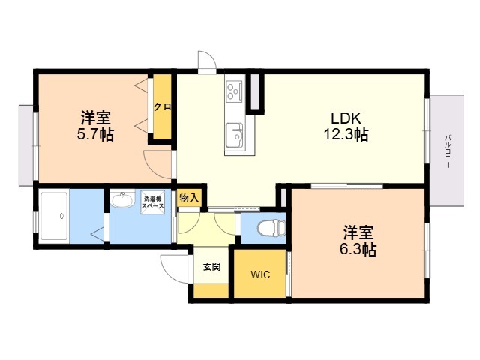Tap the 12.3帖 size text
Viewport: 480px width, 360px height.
click(x=346, y=134)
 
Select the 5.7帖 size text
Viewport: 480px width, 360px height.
click(x=95, y=134)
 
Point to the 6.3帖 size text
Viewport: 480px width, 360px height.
click(x=358, y=250)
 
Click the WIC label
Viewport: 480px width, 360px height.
click(x=260, y=274)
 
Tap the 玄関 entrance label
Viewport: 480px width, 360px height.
click(x=211, y=267)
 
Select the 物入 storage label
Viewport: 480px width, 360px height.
click(x=189, y=198)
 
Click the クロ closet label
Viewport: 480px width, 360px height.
click(x=162, y=106)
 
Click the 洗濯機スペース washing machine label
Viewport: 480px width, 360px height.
click(x=152, y=202)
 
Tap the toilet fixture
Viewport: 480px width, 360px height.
click(x=271, y=228)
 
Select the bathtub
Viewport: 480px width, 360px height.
click(x=54, y=216)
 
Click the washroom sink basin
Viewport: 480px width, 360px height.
click(x=122, y=200)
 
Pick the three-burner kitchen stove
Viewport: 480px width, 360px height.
click(x=235, y=90)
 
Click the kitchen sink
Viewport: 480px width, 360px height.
click(x=235, y=135)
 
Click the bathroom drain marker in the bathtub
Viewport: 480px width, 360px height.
click(x=62, y=216)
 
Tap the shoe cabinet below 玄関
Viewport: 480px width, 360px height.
click(x=211, y=290)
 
